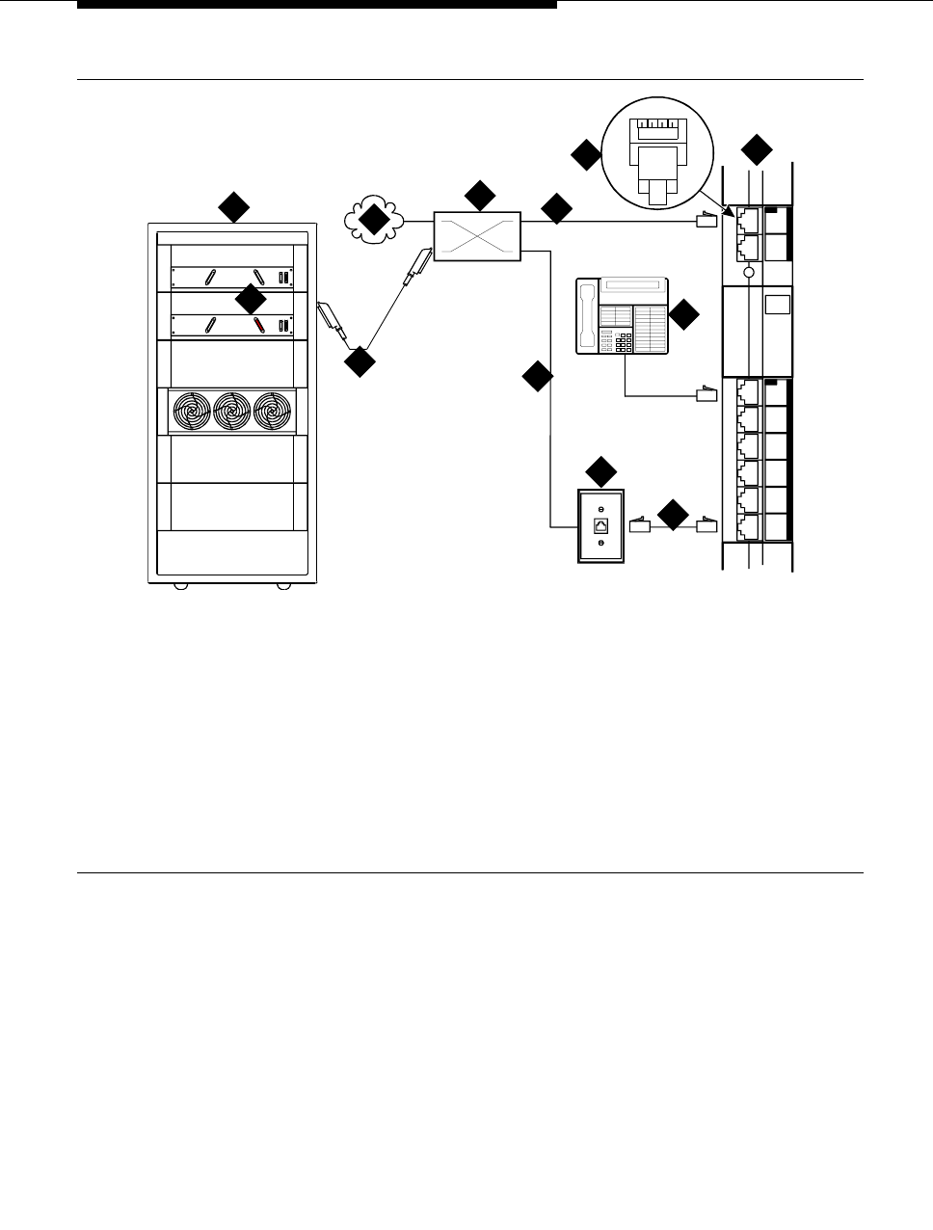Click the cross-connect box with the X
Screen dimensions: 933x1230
coord(477,234)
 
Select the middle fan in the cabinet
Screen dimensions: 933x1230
coord(231,412)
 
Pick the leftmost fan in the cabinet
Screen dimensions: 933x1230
coord(191,412)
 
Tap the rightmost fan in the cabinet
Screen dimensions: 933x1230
coord(272,412)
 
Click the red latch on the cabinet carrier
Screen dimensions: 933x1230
coord(258,325)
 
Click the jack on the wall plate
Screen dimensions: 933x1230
coord(600,525)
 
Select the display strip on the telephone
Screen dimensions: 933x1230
coord(631,286)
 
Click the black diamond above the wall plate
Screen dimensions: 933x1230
coord(601,472)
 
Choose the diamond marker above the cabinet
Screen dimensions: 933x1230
coord(233,206)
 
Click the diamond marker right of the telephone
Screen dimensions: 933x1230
coord(684,315)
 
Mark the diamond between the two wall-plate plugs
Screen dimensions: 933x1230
coord(674,515)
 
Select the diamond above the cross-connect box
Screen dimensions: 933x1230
coord(479,195)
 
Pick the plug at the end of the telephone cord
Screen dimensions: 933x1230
coord(707,393)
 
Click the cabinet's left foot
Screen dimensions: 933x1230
coord(178,586)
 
